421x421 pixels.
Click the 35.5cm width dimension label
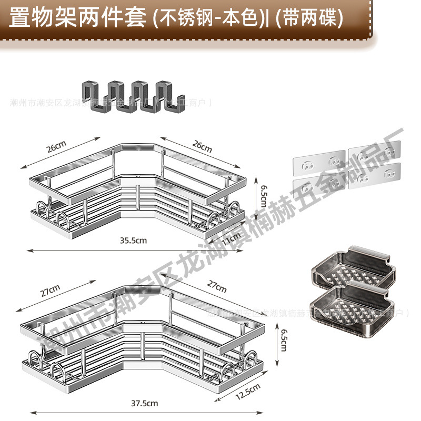pyautogui.click(x=132, y=240)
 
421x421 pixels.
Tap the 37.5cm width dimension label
pyautogui.click(x=145, y=403)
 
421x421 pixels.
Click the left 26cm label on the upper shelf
pyautogui.click(x=57, y=147)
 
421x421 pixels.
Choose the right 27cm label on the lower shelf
pyautogui.click(x=216, y=286)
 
